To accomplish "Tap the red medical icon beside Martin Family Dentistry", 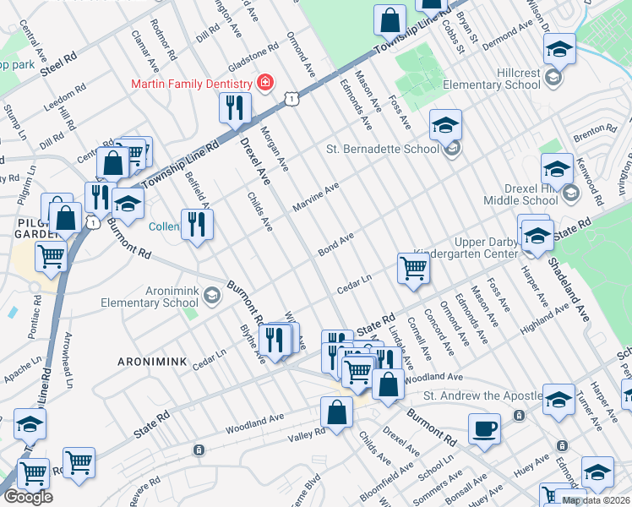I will pyautogui.click(x=265, y=83).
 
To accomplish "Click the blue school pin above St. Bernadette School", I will pyautogui.click(x=445, y=126).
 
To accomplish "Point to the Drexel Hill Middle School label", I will pyautogui.click(x=520, y=194).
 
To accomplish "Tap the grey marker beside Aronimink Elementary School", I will pyautogui.click(x=211, y=295).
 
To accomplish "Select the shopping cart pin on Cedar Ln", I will pyautogui.click(x=413, y=268).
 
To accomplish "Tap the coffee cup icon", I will pyautogui.click(x=484, y=428).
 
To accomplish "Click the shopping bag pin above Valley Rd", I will pyautogui.click(x=336, y=414).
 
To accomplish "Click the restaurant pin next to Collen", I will pyautogui.click(x=197, y=224).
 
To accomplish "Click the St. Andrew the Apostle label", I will pyautogui.click(x=482, y=395).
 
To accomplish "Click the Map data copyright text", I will pyautogui.click(x=596, y=500).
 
